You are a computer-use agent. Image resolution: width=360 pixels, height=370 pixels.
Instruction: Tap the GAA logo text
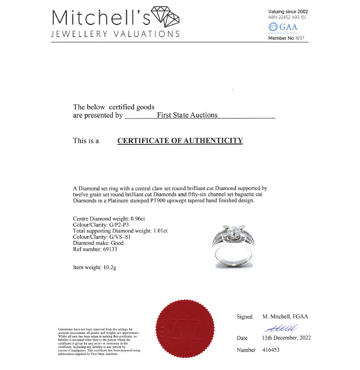pos(288,27)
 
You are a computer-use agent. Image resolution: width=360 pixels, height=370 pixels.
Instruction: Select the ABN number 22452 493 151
pos(292,18)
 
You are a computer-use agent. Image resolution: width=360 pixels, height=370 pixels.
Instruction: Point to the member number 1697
pos(300,38)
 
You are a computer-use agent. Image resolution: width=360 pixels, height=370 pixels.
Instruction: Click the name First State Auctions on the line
pos(187,115)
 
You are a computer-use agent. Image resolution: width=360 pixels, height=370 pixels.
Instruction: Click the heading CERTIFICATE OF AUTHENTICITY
pos(180,141)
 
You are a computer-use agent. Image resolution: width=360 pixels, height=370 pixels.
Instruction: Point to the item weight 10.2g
pos(108,267)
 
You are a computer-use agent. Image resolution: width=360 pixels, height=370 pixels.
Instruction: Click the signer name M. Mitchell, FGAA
pos(285,317)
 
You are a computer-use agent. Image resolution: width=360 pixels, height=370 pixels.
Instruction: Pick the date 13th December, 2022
pos(287,338)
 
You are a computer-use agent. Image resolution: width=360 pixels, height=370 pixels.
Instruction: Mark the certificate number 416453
pos(271,350)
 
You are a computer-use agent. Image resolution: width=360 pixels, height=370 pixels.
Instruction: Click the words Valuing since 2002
pos(288,12)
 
